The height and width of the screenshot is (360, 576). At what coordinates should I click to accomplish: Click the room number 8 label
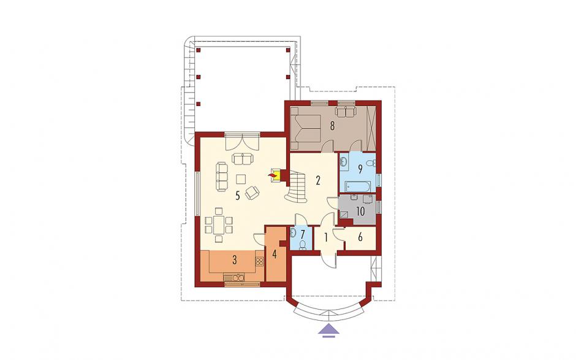(332, 126)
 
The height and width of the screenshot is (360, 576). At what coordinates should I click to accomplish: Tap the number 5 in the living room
(238, 196)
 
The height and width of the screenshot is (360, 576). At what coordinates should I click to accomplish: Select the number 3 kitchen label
(234, 259)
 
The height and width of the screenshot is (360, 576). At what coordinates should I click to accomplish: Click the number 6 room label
(360, 237)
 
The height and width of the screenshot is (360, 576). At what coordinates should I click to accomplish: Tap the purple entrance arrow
(328, 330)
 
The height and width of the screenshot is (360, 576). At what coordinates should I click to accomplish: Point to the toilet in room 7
(302, 245)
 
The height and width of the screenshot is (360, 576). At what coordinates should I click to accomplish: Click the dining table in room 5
(219, 225)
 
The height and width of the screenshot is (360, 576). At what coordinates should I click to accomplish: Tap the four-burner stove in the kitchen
(260, 262)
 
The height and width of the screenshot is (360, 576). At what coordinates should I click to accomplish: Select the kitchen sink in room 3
(233, 278)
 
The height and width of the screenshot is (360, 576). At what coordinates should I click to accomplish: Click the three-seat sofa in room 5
(222, 177)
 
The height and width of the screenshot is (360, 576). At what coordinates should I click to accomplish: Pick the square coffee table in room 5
(241, 179)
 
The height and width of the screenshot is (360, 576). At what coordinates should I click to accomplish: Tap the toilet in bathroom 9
(371, 163)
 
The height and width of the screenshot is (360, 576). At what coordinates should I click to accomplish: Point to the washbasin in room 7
(293, 232)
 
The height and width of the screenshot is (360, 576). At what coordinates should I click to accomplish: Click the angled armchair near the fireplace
(252, 193)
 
